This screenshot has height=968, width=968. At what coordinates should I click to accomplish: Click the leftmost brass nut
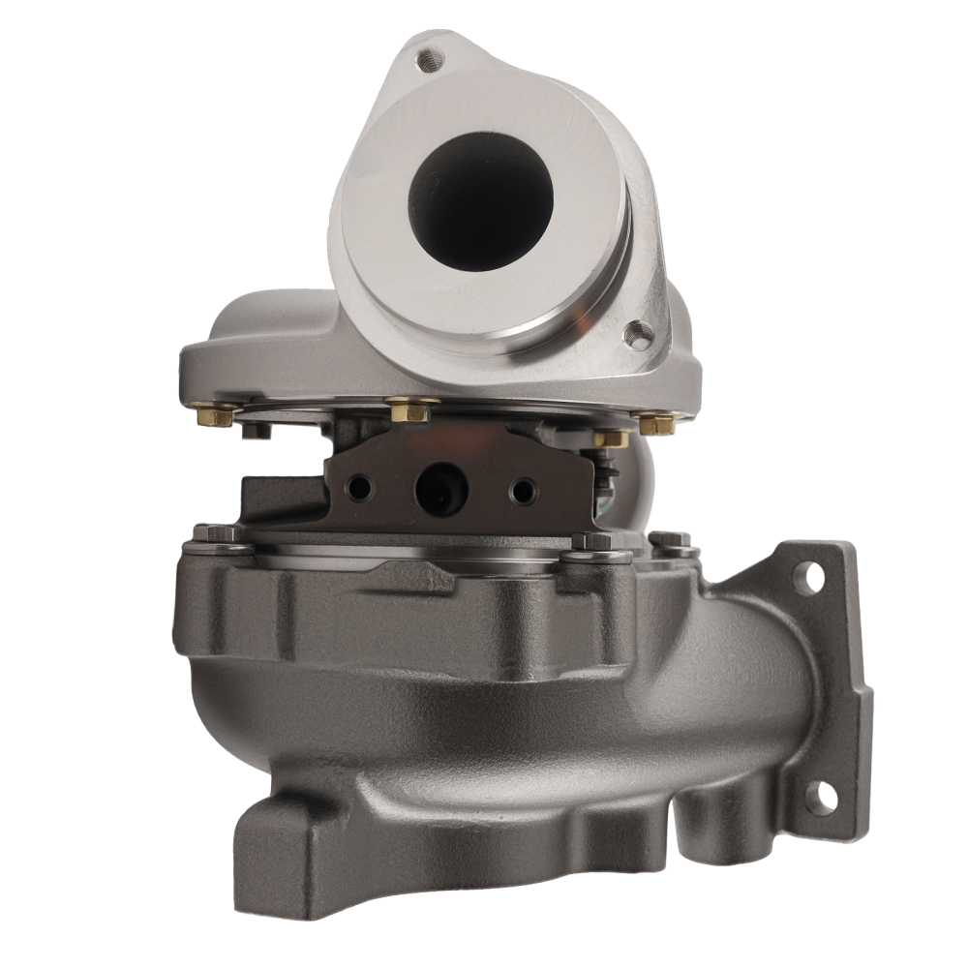214,414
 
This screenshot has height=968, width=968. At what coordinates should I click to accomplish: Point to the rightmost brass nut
657,423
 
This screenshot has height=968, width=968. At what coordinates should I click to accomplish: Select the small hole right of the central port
523,491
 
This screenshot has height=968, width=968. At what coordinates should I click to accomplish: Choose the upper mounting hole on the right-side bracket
808,577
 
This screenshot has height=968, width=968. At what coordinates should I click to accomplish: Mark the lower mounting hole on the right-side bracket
821,796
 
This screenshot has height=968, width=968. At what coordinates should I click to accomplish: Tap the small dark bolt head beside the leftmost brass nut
256,430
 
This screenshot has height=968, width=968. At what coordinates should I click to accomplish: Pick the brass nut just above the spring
610,439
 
